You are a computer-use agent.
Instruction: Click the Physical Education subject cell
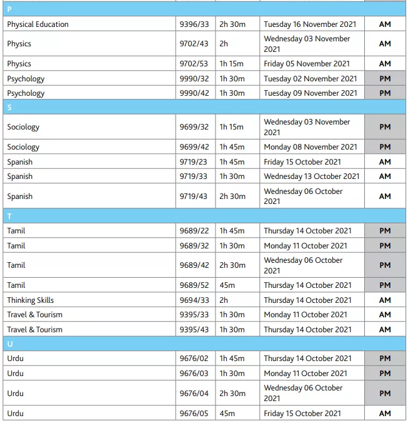(x=38, y=24)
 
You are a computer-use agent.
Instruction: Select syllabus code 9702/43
(x=194, y=44)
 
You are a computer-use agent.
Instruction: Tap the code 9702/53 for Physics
(x=194, y=64)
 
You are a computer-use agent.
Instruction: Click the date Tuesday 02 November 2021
(x=310, y=79)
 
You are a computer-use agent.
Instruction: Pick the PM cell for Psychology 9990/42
(x=385, y=93)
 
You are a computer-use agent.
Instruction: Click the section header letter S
(x=9, y=108)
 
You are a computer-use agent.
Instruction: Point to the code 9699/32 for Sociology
(x=194, y=127)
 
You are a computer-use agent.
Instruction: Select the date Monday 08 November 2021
(x=311, y=147)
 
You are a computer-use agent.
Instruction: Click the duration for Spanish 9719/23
(x=232, y=162)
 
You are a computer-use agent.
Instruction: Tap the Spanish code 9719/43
(x=194, y=196)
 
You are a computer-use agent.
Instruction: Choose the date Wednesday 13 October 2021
(x=311, y=176)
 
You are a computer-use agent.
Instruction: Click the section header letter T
(x=9, y=217)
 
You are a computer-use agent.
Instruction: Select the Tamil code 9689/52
(x=194, y=285)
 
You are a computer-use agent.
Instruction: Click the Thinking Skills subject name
(x=31, y=300)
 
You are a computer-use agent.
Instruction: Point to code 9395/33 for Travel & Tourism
(x=194, y=315)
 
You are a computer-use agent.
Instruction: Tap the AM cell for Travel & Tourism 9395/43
(x=385, y=330)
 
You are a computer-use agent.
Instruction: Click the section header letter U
(x=10, y=344)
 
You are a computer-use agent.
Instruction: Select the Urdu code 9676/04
(x=194, y=394)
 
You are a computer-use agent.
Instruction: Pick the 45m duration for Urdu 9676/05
(x=227, y=414)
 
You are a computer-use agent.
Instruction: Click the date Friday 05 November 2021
(x=307, y=64)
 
